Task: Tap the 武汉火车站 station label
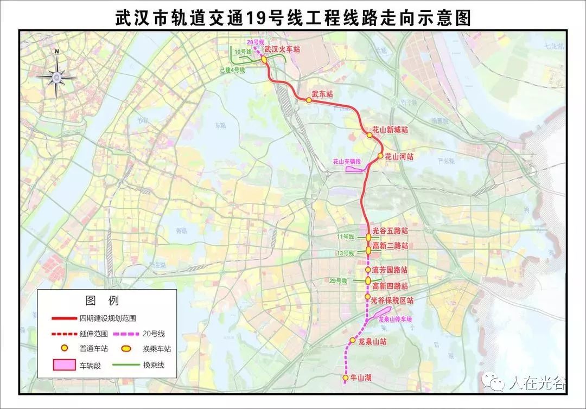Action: pos(282,49)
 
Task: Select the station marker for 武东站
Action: pos(309,100)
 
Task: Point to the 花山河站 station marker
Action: pos(380,156)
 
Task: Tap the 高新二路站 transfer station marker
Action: pos(368,250)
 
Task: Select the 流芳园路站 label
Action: pos(390,270)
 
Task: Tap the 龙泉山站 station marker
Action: pos(352,341)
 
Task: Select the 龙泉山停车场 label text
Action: pos(394,319)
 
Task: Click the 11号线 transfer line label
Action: pos(345,237)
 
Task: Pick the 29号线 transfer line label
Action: pos(338,280)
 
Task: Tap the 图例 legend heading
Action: pos(102,301)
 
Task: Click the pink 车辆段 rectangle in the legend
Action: pos(63,365)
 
